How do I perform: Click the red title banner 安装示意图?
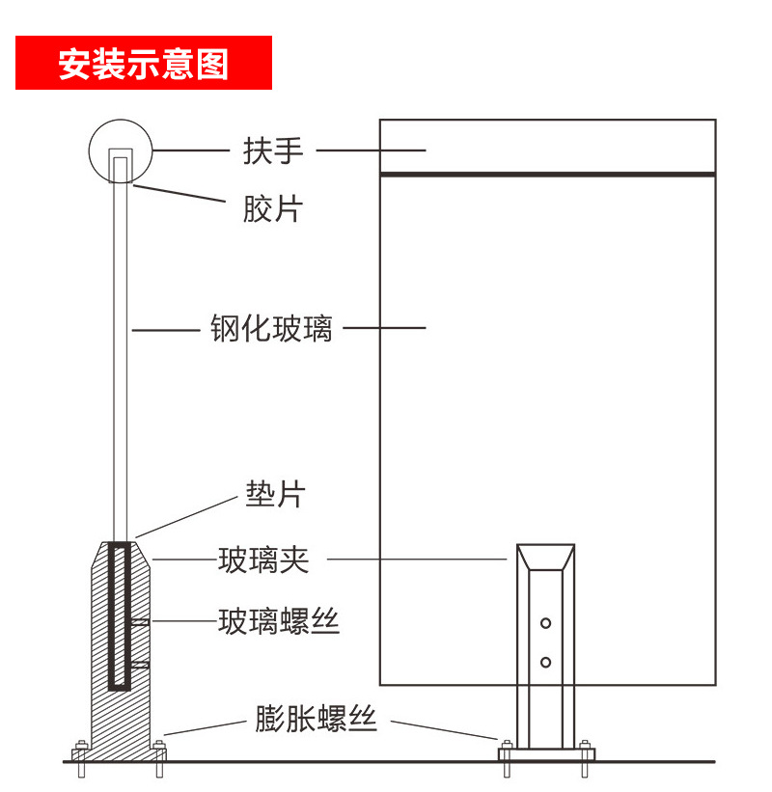pyautogui.click(x=143, y=64)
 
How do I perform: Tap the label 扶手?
pyautogui.click(x=273, y=150)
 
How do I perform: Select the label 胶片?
pyautogui.click(x=272, y=208)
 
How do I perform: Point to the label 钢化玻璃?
pyautogui.click(x=271, y=328)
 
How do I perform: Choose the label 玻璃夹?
pyautogui.click(x=263, y=560)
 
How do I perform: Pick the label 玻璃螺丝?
pyautogui.click(x=279, y=621)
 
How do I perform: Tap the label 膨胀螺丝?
pyautogui.click(x=315, y=719)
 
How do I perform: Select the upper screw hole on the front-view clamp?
pyautogui.click(x=546, y=623)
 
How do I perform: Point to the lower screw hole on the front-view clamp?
pyautogui.click(x=546, y=662)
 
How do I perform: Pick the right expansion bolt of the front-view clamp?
pyautogui.click(x=585, y=756)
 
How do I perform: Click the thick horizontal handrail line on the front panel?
pyautogui.click(x=547, y=175)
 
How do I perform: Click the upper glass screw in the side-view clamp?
pyautogui.click(x=141, y=622)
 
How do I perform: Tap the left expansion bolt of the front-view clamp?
pyautogui.click(x=506, y=756)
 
